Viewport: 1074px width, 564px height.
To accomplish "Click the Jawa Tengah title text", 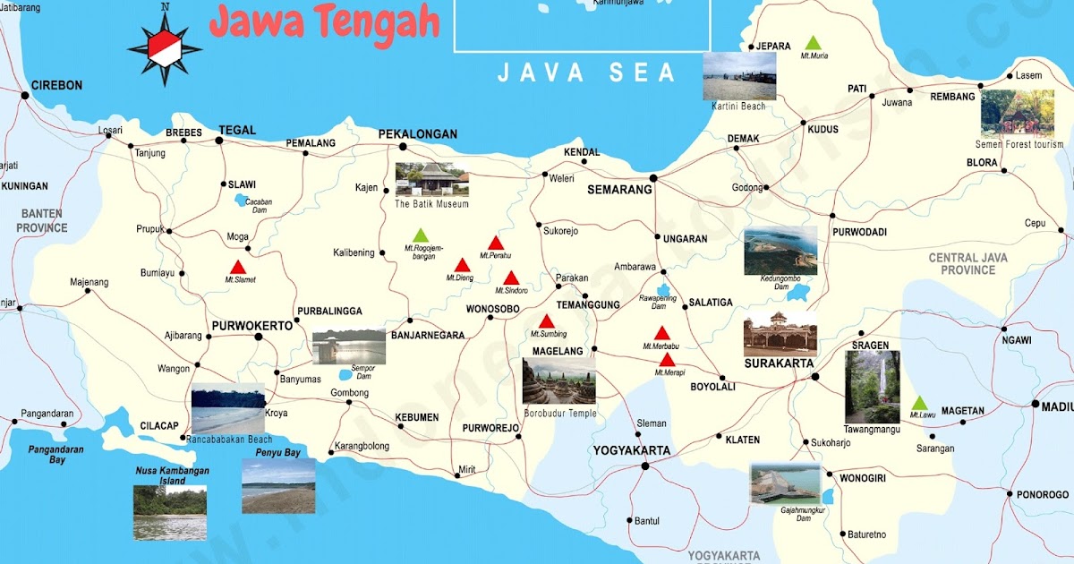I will point(324,22).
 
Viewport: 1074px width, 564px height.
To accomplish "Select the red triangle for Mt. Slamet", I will point(238,267).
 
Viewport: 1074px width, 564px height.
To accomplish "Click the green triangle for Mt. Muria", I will point(813,43).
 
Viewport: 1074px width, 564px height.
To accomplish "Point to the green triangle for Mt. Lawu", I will point(919,403).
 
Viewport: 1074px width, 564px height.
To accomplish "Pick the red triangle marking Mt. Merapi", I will point(667,360).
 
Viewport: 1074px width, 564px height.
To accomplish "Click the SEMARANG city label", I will point(618,190).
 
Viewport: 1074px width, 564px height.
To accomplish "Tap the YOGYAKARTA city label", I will point(631,449).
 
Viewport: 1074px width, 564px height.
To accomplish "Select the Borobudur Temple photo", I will point(559,381).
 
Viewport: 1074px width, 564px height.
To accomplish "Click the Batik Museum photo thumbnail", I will point(431,179).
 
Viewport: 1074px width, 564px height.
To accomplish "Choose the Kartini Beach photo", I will point(739,76).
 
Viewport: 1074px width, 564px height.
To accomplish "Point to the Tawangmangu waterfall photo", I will point(873,387).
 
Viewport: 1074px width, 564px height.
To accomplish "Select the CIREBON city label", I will point(56,86).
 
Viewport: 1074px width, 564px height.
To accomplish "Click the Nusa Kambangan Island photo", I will point(170,512).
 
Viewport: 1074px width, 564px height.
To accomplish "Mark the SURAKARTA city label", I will point(779,363).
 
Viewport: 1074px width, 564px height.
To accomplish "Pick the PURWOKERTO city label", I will point(251,326).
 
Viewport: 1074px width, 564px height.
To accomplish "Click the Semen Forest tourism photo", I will point(1017,114).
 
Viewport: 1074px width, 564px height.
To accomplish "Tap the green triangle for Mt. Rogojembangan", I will point(421,235).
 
